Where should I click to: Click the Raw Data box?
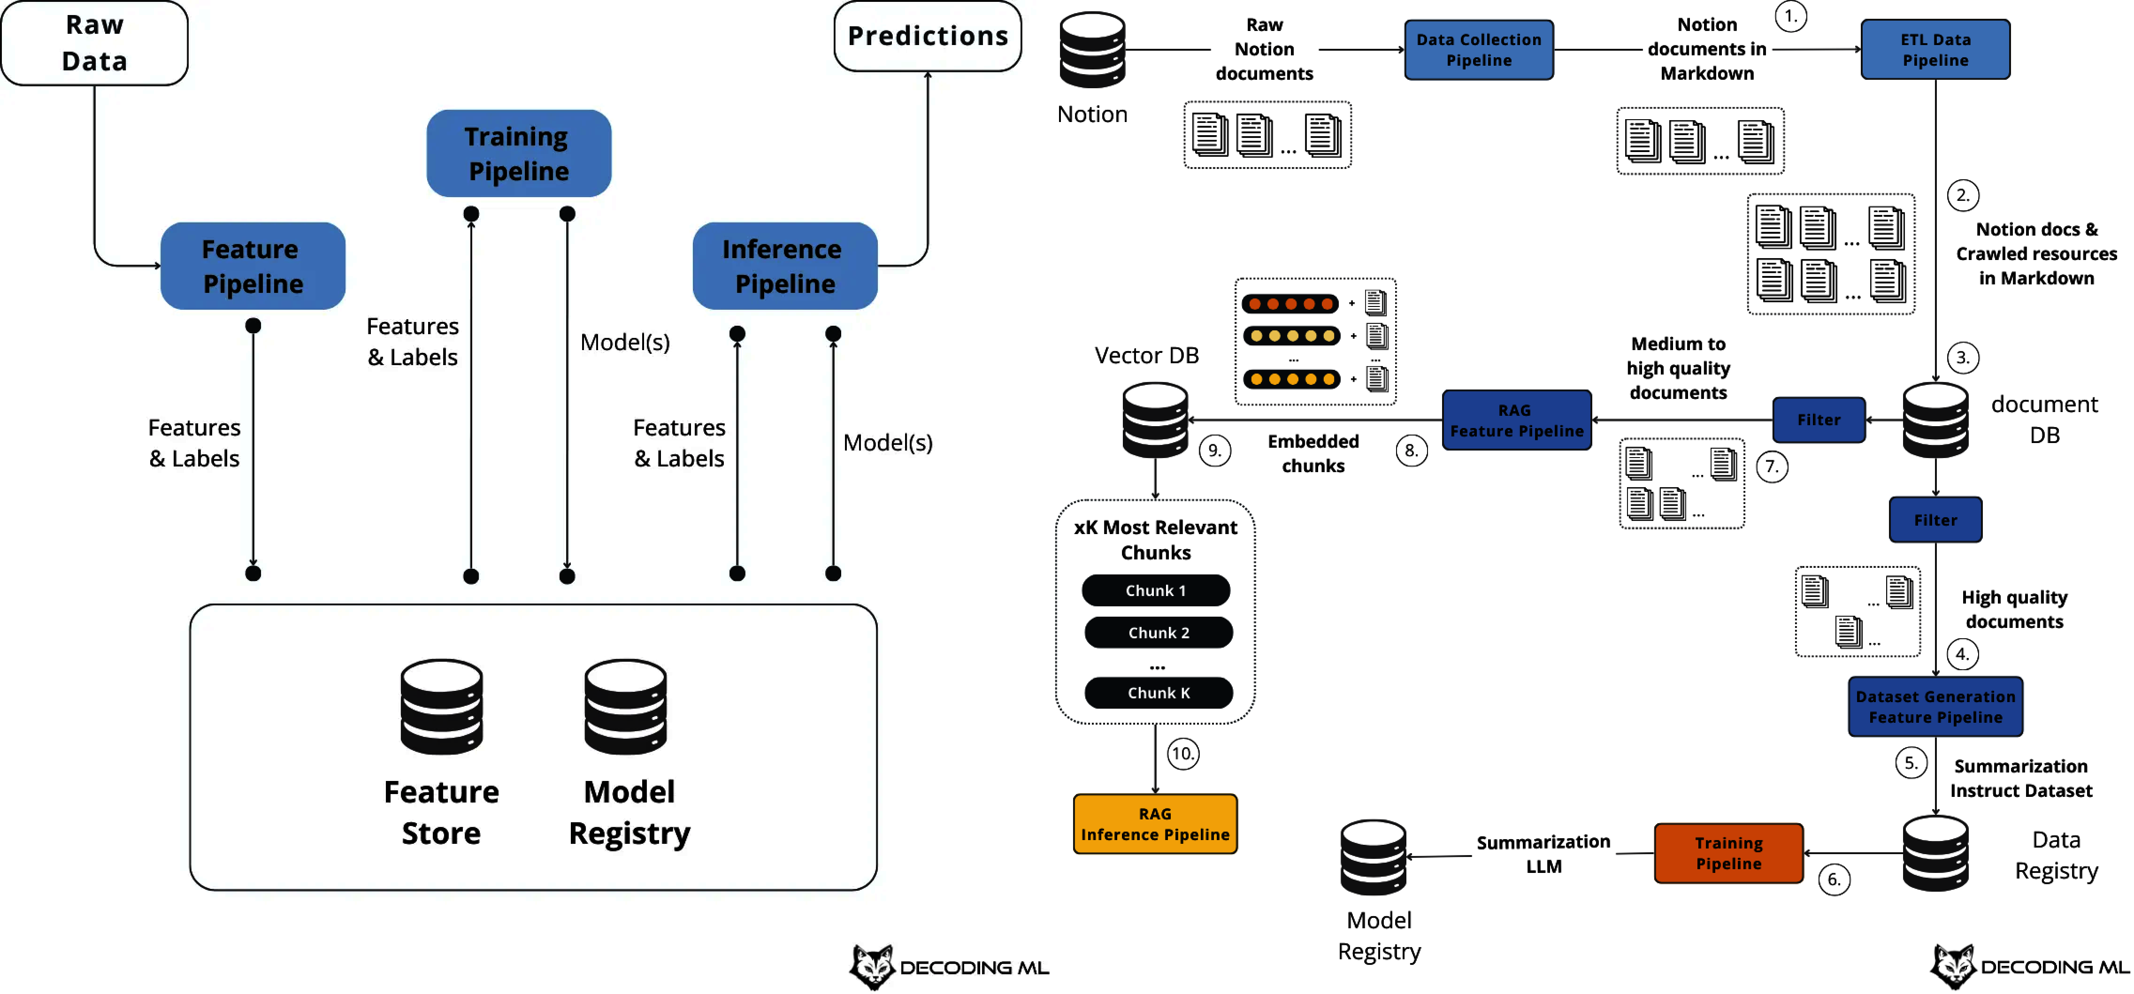tap(94, 43)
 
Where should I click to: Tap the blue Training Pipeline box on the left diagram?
tap(519, 153)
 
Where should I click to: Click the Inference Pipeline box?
tap(784, 266)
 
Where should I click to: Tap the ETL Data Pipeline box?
tap(1934, 50)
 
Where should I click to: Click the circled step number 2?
tap(1962, 196)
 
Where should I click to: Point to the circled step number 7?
tap(1771, 466)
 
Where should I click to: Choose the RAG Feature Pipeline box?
tap(1516, 420)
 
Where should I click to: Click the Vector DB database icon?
tap(1155, 420)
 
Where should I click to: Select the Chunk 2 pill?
tap(1158, 633)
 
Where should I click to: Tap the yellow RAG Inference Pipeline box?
tap(1155, 824)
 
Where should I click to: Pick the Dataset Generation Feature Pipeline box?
tap(1934, 707)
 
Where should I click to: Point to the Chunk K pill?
tap(1158, 693)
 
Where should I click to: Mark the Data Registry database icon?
tap(1934, 853)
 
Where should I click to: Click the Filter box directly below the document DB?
tap(1934, 520)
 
